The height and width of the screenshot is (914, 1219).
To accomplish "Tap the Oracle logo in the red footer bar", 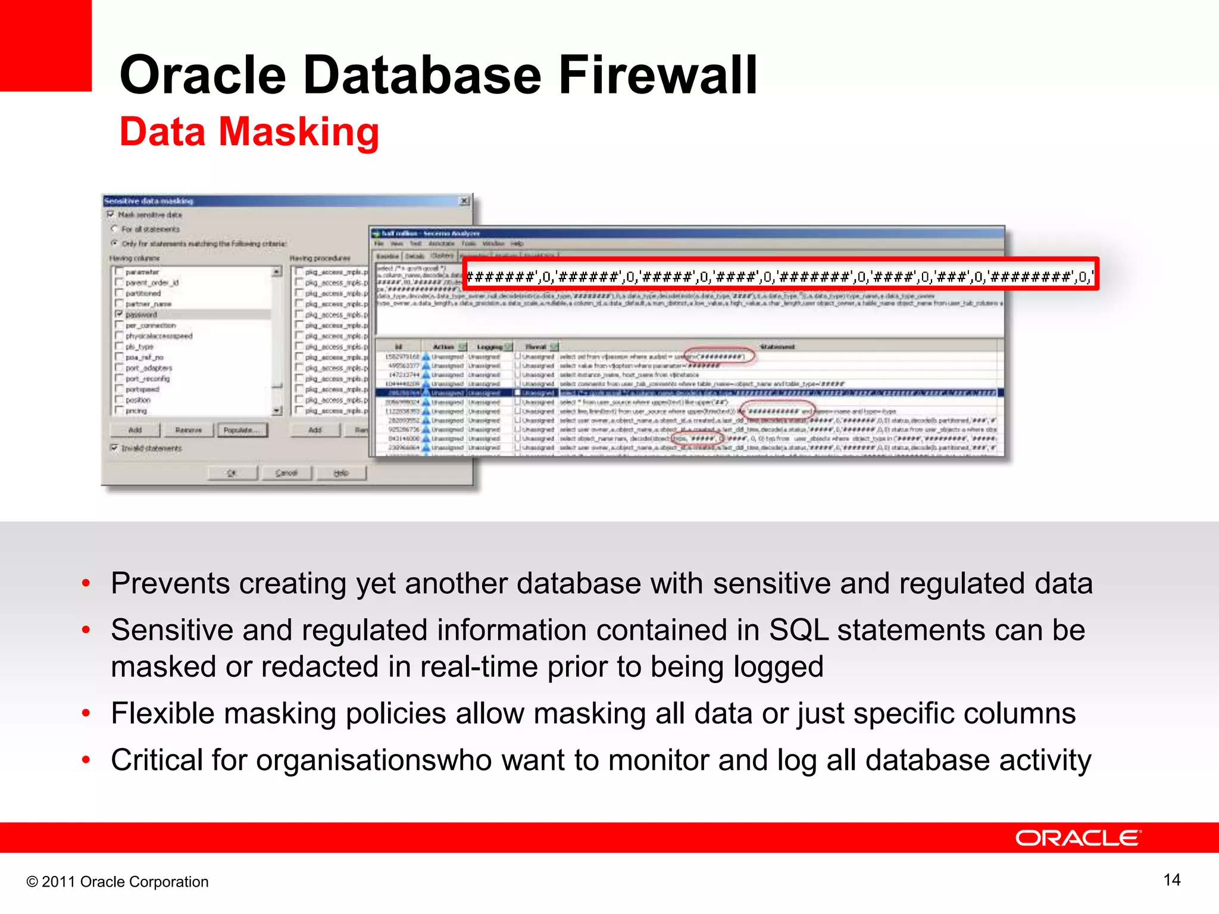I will coord(1078,838).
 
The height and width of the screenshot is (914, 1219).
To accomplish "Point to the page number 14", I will coord(1171,880).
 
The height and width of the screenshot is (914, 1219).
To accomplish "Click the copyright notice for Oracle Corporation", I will coord(117,881).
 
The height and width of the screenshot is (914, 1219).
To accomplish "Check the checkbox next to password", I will coord(119,314).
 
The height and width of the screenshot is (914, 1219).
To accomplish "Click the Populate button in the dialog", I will coord(242,430).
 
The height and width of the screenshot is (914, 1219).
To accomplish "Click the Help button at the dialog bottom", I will coord(340,472).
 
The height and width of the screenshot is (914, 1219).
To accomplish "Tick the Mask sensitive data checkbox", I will coord(111,214).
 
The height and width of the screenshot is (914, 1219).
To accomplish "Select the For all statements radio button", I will coord(114,228).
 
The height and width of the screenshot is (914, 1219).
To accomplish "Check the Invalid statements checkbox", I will coord(114,447).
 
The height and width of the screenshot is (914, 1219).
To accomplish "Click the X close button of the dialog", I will coord(464,201).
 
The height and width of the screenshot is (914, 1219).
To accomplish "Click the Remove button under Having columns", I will coord(188,430).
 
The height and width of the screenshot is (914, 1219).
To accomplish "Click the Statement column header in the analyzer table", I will coord(777,346).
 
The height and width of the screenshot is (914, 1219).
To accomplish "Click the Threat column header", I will coord(536,346).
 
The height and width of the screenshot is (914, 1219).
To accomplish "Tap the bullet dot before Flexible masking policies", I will coord(86,713).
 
